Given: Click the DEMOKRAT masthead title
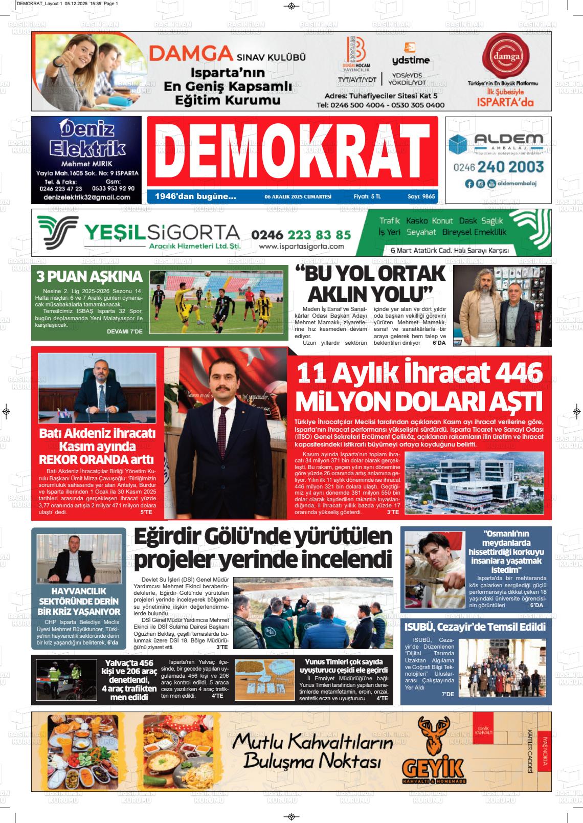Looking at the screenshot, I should point(292,151).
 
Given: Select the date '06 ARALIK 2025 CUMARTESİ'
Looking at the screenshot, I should point(298,196).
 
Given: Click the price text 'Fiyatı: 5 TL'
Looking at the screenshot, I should point(367,196).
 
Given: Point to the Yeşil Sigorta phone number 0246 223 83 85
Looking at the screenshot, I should point(301,235).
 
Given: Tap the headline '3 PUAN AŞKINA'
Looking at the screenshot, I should point(89,277).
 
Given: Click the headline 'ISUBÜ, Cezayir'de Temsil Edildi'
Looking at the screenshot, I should point(475,627).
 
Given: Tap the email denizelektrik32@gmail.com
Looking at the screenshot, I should point(87,197).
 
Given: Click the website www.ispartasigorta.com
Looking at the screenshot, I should point(301,247).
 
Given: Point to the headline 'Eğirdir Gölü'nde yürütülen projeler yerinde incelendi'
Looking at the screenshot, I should point(263,548).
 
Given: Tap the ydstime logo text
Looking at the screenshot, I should point(411,60).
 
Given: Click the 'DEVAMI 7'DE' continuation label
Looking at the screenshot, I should point(125,331).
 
